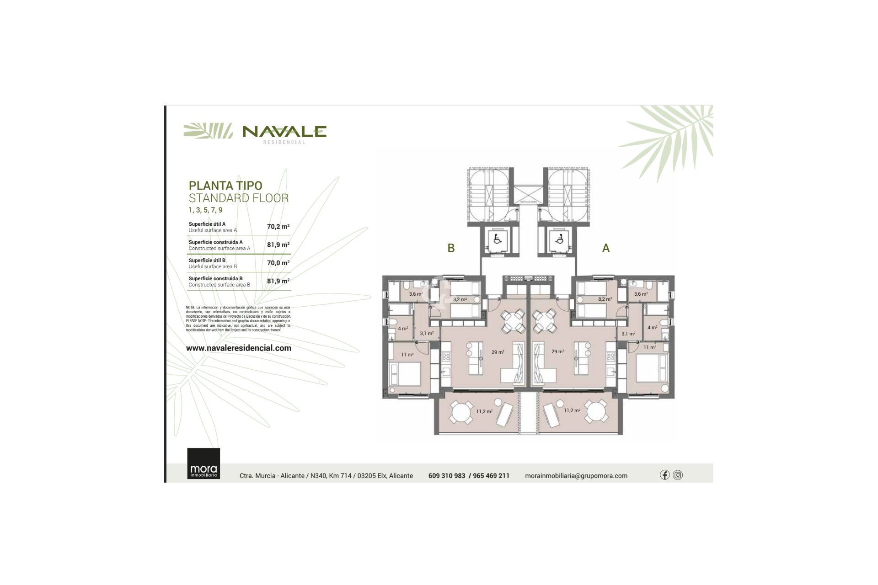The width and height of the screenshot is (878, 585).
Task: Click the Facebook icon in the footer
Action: [664, 475]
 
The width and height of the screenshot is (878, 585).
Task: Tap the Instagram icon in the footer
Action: [678, 475]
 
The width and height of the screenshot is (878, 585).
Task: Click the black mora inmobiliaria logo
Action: [203, 463]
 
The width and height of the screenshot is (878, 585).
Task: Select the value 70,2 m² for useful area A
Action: [278, 227]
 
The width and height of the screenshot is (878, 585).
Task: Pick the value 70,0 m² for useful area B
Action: [278, 263]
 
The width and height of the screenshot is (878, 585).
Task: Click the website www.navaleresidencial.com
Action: [238, 348]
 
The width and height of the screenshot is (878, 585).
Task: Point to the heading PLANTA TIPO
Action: [225, 186]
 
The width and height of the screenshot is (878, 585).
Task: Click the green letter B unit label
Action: [451, 248]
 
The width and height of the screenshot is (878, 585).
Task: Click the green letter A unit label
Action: [606, 248]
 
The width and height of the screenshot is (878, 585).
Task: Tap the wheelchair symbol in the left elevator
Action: [497, 239]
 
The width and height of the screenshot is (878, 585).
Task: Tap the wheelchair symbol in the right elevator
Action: [559, 239]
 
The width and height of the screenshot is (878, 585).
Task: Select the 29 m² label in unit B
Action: [498, 352]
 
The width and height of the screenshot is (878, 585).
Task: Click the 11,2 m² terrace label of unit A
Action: [572, 410]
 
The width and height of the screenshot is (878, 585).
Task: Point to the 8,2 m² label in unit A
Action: [605, 299]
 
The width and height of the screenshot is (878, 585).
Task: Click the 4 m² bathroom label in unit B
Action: [402, 328]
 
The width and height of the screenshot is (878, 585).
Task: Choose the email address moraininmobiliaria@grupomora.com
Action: [576, 476]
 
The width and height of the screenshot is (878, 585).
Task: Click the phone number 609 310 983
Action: [446, 476]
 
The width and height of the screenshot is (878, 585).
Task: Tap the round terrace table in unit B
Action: [459, 413]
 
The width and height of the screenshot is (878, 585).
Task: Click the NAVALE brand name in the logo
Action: [284, 132]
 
